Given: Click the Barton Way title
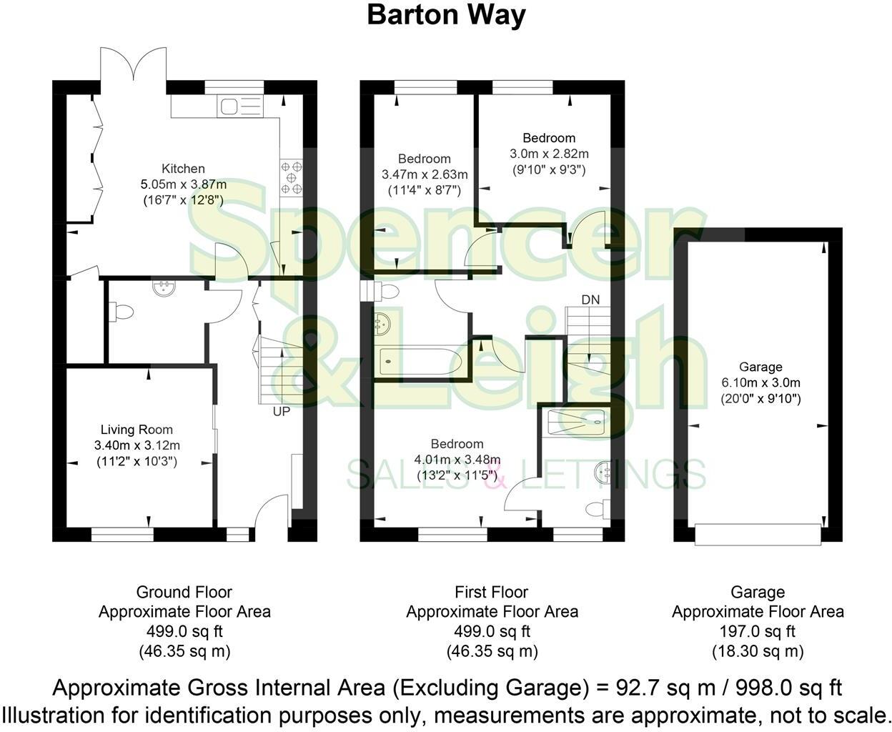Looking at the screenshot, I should (446, 15).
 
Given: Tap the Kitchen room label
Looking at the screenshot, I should (183, 169).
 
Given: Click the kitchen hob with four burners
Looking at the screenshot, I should (291, 176).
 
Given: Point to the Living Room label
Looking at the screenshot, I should (137, 430).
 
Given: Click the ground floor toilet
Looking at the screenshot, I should (121, 312).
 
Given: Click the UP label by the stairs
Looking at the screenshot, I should (281, 411).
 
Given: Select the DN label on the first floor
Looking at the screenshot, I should (590, 299).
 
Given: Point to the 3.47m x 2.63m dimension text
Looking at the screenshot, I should (425, 174).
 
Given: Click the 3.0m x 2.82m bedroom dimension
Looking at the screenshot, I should (549, 154).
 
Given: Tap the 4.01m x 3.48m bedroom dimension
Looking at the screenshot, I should (457, 459).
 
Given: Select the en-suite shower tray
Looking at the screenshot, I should (575, 422).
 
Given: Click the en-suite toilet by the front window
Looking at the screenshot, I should (595, 508).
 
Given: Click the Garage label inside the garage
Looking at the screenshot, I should (761, 367).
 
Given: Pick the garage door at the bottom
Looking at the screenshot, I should (758, 534).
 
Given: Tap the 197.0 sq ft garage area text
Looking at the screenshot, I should (758, 631).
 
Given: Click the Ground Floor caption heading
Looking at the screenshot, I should (184, 592).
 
